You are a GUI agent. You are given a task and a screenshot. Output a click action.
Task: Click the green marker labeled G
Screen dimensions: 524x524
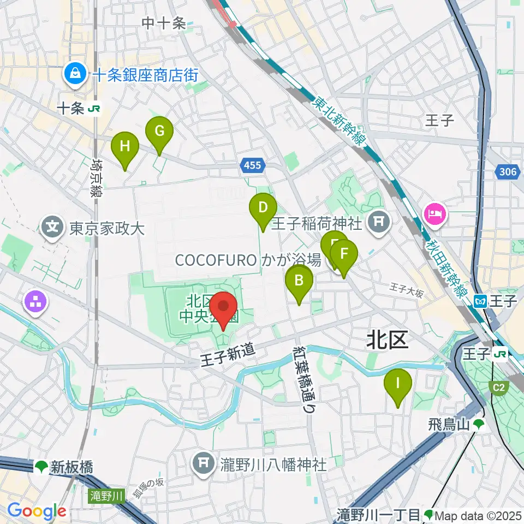(x=159, y=132)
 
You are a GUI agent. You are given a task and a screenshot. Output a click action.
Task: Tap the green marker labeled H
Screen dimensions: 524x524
(x=125, y=147)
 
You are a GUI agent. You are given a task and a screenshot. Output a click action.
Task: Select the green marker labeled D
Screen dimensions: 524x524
(x=263, y=208)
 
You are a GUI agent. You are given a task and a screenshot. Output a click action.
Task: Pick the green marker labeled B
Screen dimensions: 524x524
(x=299, y=281)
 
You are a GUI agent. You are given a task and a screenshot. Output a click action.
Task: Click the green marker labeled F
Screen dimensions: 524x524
(x=344, y=254)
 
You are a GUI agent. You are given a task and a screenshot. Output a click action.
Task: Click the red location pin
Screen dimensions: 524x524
(x=224, y=307)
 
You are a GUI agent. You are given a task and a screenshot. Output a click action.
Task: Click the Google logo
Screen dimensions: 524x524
(x=37, y=511)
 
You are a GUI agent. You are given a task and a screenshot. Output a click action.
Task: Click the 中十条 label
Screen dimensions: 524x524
(x=164, y=23)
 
